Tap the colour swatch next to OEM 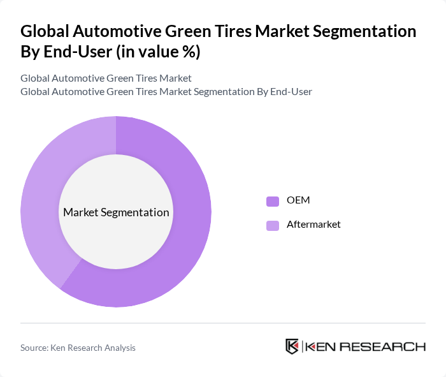point(273,201)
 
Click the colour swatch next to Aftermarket point(273,225)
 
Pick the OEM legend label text point(298,201)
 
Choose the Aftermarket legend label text point(313,225)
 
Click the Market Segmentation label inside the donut point(116,212)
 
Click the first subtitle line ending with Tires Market point(106,78)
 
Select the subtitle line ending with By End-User point(166,91)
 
